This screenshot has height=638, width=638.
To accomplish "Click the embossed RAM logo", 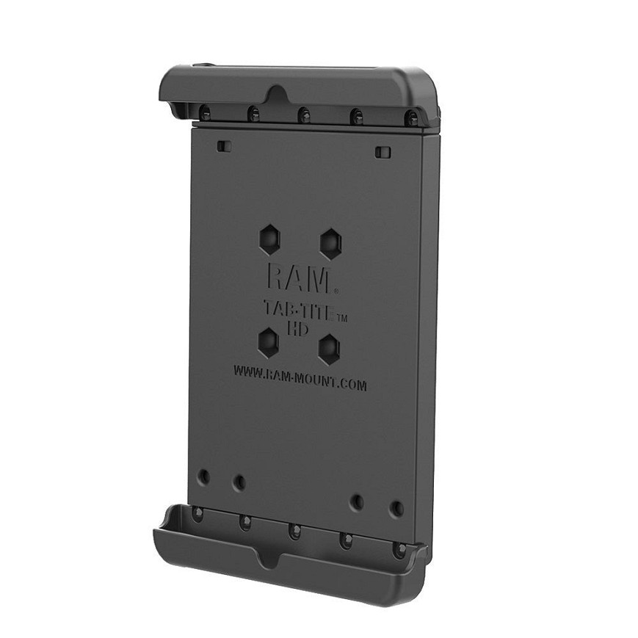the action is pos(299,279).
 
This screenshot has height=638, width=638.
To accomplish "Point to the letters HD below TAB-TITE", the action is pos(298,329).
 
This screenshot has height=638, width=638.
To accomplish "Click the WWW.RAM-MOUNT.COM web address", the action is pos(300,378).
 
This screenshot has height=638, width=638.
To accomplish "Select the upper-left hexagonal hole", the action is pos(269,241).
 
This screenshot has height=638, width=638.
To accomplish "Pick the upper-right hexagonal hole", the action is pos(330,244).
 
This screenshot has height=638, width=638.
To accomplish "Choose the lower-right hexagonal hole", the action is pos(329,349).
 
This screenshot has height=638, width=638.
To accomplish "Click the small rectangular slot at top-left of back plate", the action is pos(224,145).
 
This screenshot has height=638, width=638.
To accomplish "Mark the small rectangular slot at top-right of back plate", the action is pos(382,152).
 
